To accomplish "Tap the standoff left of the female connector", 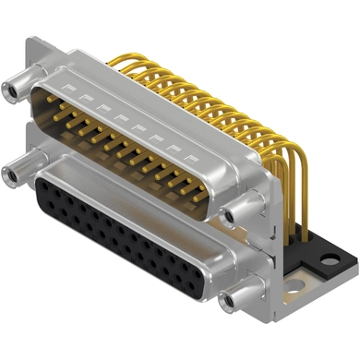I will tap(17, 171).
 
